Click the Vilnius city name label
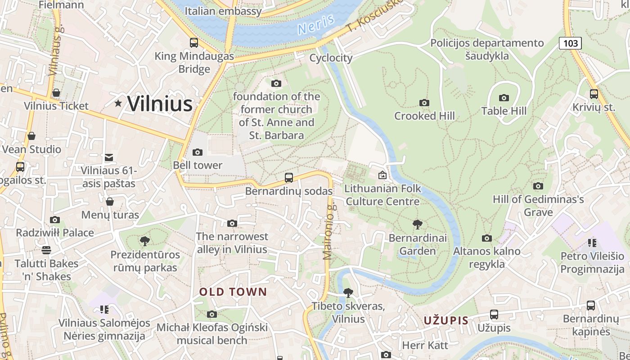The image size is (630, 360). [x=160, y=104]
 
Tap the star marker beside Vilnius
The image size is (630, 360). [x=118, y=103]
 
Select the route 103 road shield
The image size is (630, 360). [x=570, y=43]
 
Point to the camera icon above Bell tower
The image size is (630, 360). [x=198, y=152]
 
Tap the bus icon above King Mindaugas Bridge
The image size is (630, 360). [x=194, y=43]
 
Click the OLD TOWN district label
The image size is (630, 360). [x=233, y=292]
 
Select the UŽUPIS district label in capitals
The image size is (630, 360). [x=446, y=321]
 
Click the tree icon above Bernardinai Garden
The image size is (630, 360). [x=418, y=224]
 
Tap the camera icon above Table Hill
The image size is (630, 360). [x=504, y=98]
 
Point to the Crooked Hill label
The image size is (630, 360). [x=424, y=116]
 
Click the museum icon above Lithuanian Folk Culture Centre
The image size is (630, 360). [x=382, y=175]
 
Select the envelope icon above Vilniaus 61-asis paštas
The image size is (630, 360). [x=109, y=157]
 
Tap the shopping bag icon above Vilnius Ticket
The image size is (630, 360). [x=56, y=93]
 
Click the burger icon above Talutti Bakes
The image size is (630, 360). [x=46, y=250]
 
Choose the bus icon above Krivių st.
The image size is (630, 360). [x=594, y=94]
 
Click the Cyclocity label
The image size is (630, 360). [x=331, y=58]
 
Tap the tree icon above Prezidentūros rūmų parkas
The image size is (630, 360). [x=145, y=241]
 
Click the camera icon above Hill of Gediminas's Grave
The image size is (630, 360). [x=538, y=186]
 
